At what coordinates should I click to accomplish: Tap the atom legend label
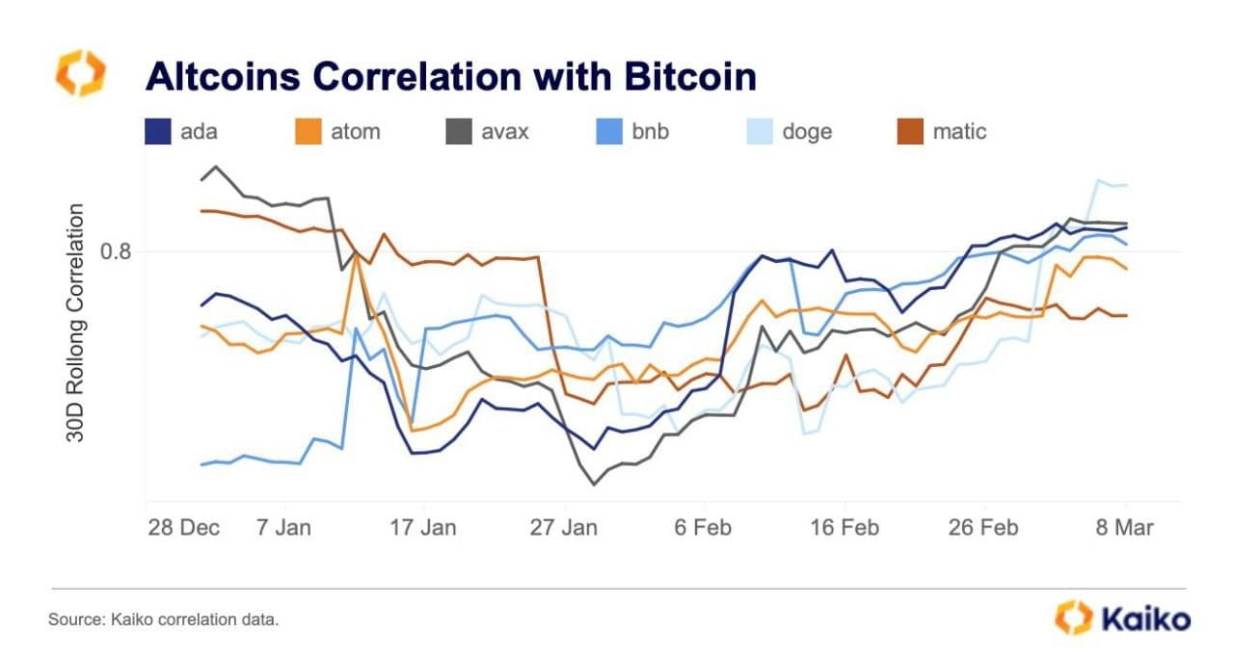coord(354,131)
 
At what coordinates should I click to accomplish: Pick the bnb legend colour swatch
coord(608,131)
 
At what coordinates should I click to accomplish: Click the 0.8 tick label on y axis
coord(117,252)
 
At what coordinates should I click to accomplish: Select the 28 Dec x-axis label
coord(183,528)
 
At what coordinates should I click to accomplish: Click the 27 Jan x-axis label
coord(566,528)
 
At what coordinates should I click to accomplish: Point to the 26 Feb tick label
coord(984,528)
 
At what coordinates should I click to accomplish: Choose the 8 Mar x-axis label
coord(1124,528)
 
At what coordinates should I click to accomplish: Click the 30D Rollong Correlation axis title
coord(74,323)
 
